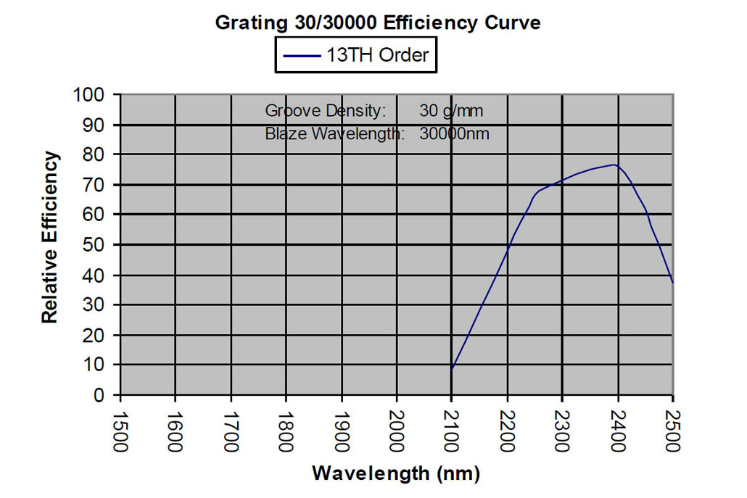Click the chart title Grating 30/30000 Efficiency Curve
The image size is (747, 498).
378,22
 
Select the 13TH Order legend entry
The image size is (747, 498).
356,55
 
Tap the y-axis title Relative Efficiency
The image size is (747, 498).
49,237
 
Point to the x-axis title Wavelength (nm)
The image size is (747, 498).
395,474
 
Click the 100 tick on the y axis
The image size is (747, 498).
91,95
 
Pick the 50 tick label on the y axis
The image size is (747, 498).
96,245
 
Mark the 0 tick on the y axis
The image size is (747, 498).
102,395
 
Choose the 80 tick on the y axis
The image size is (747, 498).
96,155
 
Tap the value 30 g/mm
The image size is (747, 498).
450,112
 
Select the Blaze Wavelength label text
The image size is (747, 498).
334,134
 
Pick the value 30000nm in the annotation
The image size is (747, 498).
454,134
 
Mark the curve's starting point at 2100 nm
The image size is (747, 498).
452,370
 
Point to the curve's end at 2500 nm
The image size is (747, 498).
672,281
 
